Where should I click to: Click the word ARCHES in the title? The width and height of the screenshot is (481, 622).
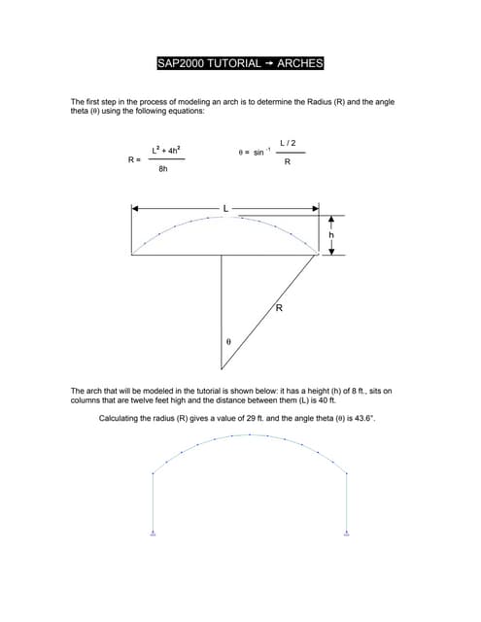[299, 64]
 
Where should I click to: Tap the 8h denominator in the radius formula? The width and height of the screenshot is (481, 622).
[163, 169]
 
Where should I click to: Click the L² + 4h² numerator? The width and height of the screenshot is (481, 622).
[164, 149]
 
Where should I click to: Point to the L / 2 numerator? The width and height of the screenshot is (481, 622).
[288, 143]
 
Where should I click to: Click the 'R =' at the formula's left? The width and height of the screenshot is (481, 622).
[134, 158]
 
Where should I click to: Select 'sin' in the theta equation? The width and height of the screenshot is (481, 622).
[258, 153]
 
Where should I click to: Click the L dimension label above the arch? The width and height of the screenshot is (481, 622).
[225, 209]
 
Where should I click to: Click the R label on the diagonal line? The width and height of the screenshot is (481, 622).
[278, 308]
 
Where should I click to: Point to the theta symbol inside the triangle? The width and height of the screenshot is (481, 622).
[228, 342]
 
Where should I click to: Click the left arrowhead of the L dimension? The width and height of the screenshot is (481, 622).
[135, 208]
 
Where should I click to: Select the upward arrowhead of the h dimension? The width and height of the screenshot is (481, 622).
[330, 219]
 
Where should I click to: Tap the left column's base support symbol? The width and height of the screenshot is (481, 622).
[154, 534]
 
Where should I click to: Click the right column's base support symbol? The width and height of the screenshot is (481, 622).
[347, 534]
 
